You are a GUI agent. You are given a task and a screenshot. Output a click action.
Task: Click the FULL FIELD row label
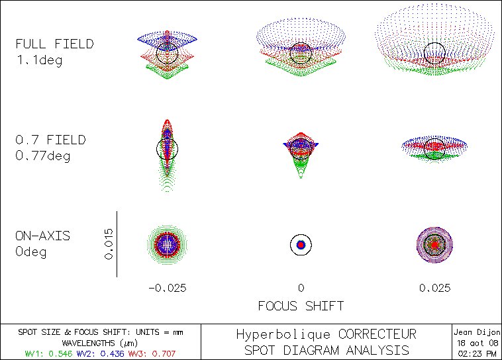pos(55,44)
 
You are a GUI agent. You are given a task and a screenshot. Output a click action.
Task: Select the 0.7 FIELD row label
pos(51,140)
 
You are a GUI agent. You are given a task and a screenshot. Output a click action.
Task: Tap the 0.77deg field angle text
pos(44,156)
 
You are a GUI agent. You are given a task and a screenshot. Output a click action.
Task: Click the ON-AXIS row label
pos(43,236)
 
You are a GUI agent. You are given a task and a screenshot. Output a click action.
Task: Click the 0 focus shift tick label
pos(301,288)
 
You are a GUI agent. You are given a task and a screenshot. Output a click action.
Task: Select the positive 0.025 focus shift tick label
pos(434,288)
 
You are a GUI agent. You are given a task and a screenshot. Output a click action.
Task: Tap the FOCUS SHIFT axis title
pos(301,306)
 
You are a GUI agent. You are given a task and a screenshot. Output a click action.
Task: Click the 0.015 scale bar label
pos(109,244)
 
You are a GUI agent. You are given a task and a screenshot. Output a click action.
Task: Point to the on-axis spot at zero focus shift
pos(301,245)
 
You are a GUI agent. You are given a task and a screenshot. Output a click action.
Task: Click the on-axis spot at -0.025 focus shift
pos(168,244)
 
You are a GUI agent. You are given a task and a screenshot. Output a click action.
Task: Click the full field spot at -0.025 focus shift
pos(168,53)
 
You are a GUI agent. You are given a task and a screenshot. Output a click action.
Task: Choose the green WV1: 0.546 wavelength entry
pos(48,354)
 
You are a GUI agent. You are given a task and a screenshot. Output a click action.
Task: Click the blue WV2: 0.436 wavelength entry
pos(97,354)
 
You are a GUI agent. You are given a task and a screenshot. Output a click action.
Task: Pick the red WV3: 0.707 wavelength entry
pos(152,354)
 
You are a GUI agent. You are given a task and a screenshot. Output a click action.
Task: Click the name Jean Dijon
pos(476,332)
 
